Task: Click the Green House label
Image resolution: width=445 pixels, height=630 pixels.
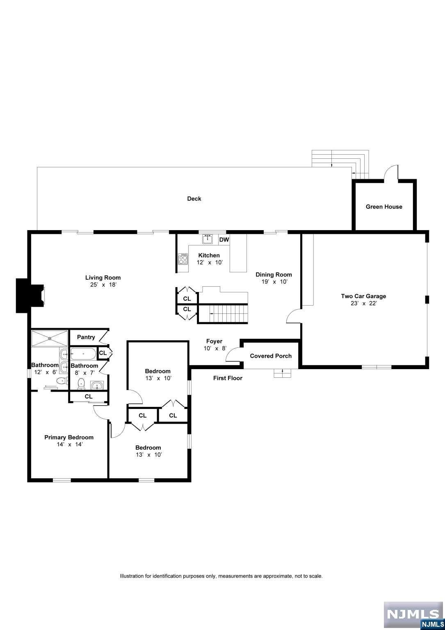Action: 384,207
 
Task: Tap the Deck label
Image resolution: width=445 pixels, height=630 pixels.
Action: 194,199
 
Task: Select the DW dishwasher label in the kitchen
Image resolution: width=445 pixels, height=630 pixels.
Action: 224,240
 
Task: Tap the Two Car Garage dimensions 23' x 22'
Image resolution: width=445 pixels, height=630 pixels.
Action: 363,304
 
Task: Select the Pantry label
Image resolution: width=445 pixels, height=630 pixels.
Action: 86,337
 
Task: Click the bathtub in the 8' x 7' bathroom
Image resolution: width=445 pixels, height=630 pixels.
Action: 83,354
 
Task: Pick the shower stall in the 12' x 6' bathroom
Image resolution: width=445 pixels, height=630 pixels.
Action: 50,338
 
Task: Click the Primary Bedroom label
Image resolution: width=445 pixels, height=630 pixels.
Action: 69,437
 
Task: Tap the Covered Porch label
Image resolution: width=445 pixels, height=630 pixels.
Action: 271,356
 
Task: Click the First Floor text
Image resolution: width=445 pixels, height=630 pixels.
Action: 228,378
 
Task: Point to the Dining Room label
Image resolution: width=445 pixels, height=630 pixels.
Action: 274,274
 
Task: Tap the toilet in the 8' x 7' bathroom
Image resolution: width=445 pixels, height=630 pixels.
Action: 81,383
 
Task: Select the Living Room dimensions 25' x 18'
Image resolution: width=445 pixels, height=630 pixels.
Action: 103,285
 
